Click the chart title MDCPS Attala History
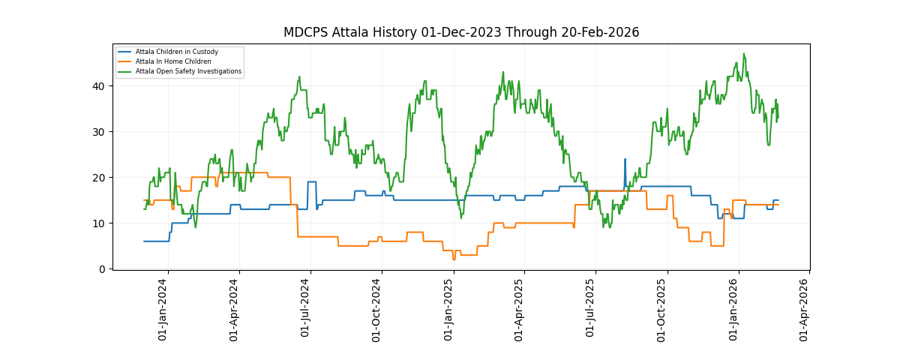(460, 32)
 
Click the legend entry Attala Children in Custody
(179, 52)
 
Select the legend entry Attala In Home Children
(173, 61)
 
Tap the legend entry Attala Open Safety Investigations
(188, 71)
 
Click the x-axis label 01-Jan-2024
(163, 309)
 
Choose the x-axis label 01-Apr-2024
(234, 309)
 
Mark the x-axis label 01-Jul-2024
(305, 309)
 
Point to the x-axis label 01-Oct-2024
(376, 309)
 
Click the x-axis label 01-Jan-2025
(448, 309)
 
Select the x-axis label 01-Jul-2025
(590, 309)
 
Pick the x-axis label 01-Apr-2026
(804, 309)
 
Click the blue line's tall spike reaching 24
(625, 160)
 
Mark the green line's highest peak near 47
(743, 54)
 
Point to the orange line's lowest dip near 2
(454, 259)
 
